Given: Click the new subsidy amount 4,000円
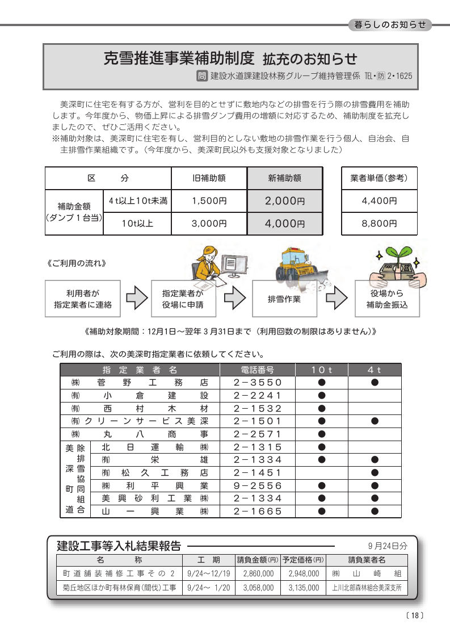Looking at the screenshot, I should click(x=285, y=223).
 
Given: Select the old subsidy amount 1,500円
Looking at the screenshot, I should click(x=209, y=200).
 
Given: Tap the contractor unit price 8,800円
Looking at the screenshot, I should click(x=379, y=223).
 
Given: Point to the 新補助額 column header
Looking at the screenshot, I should click(x=285, y=178).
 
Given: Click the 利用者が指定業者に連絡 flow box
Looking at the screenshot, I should click(x=83, y=299).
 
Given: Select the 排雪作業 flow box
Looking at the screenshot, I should click(x=284, y=299).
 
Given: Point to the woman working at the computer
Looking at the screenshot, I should click(x=207, y=263).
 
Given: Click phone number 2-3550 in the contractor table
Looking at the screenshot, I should click(x=258, y=383).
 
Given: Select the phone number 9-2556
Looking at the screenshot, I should click(x=258, y=485).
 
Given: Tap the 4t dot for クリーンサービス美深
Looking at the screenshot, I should click(x=375, y=421).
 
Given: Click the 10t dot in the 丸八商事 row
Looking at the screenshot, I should click(x=321, y=434).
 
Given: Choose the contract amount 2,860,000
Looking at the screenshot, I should click(x=258, y=574).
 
